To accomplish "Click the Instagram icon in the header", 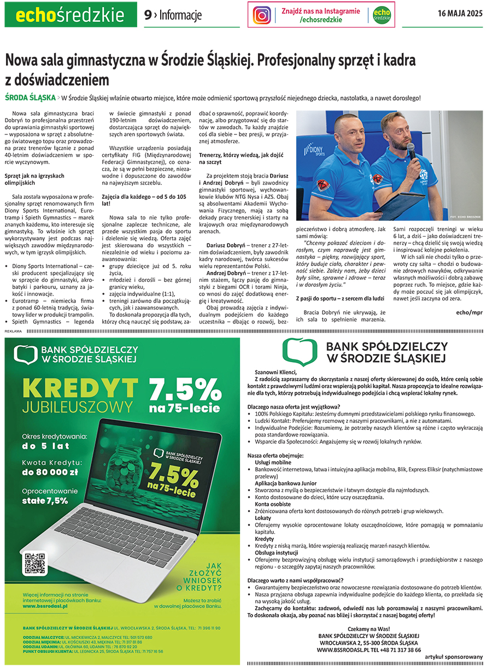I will [x=262, y=15].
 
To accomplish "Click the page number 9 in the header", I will [x=148, y=15].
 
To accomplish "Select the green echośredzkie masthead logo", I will [x=71, y=15].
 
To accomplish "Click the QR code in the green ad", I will [x=35, y=563].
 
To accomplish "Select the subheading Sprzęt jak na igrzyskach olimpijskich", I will [x=34, y=179].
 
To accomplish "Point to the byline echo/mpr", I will [x=469, y=312].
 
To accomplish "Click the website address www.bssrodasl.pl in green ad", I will [x=45, y=605].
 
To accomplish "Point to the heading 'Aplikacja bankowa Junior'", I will [x=285, y=483].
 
